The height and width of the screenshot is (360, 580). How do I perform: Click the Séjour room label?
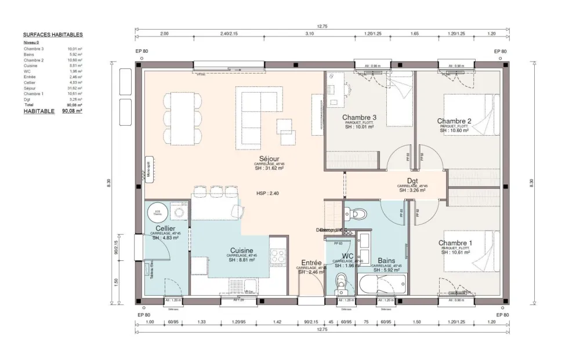(x=270, y=158)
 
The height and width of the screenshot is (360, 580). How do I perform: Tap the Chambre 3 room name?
(x=359, y=118)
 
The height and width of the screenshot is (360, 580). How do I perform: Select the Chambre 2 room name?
(x=454, y=121)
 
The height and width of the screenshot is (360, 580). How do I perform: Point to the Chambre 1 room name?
(x=455, y=243)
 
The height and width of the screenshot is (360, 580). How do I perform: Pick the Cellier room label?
(x=166, y=229)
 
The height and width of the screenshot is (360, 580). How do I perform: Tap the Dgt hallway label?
(x=412, y=181)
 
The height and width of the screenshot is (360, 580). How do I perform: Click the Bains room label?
(x=386, y=261)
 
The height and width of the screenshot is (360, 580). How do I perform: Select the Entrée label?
(x=311, y=263)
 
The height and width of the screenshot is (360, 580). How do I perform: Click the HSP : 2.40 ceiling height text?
(x=267, y=193)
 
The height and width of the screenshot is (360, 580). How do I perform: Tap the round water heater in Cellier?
(x=156, y=212)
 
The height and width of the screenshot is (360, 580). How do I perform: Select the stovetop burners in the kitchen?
(x=277, y=255)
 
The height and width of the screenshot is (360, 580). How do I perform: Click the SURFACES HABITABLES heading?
(x=53, y=35)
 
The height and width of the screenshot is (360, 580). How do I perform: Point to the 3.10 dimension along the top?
(x=309, y=34)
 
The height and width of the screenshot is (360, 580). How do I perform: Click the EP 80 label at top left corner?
(x=142, y=52)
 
